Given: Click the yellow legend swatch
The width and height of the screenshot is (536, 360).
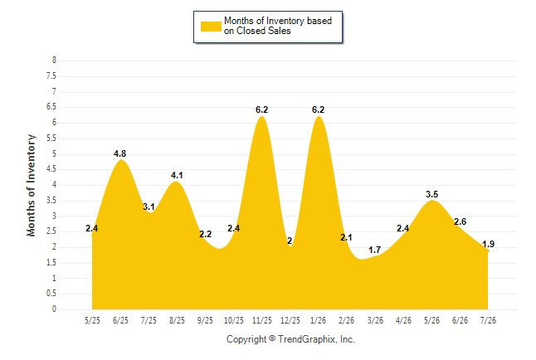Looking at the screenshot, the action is point(211,27).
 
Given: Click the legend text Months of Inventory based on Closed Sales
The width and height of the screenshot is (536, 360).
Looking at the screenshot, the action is point(278,26).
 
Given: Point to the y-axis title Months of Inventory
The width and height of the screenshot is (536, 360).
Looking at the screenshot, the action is point(31,185).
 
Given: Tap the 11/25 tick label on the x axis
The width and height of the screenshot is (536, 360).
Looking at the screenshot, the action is point(262,320).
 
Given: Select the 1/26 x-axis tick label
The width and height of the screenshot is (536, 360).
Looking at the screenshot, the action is point(319,320).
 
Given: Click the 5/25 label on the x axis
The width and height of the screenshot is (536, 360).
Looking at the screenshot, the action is point(92,320).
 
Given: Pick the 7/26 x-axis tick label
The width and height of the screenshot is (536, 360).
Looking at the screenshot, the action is point(488,320).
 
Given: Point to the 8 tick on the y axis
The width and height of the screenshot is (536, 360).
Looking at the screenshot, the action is point(54,61).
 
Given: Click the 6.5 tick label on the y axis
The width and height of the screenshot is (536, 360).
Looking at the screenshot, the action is point(51,107).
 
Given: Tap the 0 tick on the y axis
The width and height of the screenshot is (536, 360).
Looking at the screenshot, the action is point(54,309).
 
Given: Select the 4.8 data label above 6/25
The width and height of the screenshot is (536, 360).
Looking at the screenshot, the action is point(120,153).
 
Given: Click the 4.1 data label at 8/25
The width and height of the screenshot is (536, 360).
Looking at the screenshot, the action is point(177,175).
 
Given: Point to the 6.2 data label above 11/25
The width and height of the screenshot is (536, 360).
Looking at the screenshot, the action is point(262,109).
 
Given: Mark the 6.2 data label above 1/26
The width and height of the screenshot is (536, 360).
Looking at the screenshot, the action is point(319,109).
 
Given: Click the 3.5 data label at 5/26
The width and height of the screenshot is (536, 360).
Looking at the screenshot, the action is point(431,194).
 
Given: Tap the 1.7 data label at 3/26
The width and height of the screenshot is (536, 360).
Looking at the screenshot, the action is point(375,250).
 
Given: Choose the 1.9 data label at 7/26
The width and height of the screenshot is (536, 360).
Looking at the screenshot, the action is point(488,244).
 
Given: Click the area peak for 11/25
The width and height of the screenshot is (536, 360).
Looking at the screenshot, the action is point(262,117).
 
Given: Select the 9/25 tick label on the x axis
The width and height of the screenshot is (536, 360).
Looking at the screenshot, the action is point(205,320).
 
